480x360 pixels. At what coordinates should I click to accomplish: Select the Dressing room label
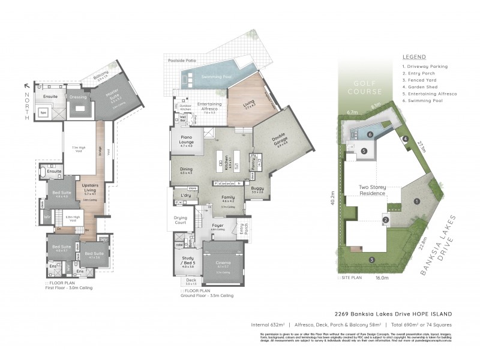[79, 97]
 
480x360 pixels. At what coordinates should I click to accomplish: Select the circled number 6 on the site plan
[370, 134]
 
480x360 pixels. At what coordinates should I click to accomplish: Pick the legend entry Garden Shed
[423, 86]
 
